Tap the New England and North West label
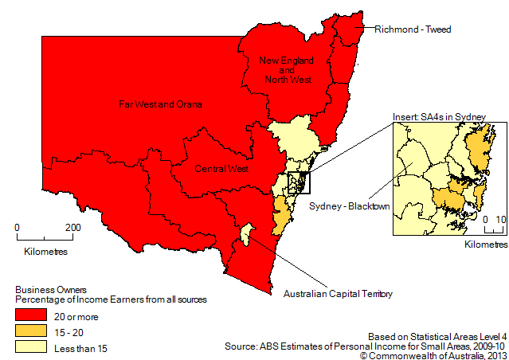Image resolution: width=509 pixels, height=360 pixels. click(x=284, y=69)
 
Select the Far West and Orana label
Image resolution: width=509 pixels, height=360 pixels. click(x=160, y=104)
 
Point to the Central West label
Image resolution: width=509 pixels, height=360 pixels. click(x=222, y=169)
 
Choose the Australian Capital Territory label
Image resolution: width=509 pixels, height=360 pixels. click(x=338, y=294)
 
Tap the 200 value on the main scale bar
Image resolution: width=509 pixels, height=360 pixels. click(x=72, y=227)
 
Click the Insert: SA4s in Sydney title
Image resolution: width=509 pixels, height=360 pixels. click(x=438, y=118)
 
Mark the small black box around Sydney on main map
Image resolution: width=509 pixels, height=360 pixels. click(x=299, y=182)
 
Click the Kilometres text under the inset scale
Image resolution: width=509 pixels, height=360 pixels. click(x=485, y=243)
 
